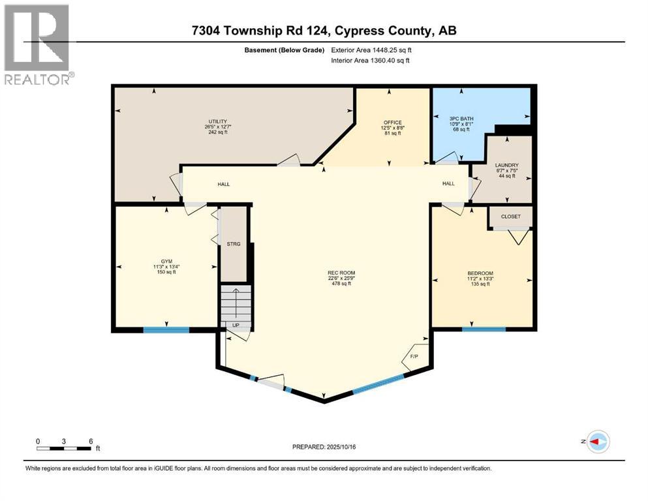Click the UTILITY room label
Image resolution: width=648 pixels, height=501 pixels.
pos(217,121)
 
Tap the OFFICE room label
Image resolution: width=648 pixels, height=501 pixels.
pos(392,121)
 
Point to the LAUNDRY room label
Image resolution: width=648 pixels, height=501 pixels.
pos(506,165)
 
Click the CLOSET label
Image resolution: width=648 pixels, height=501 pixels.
pos(511,216)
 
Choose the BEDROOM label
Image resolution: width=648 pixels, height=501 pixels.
pos(480,273)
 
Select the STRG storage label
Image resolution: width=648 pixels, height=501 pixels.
pos(234,244)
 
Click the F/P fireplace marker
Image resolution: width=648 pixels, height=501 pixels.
pos(414,357)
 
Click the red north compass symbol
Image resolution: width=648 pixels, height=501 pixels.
pos(597,442)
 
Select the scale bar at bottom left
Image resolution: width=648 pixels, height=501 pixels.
pos(64,448)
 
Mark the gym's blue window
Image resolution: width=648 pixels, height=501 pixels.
pos(166,329)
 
